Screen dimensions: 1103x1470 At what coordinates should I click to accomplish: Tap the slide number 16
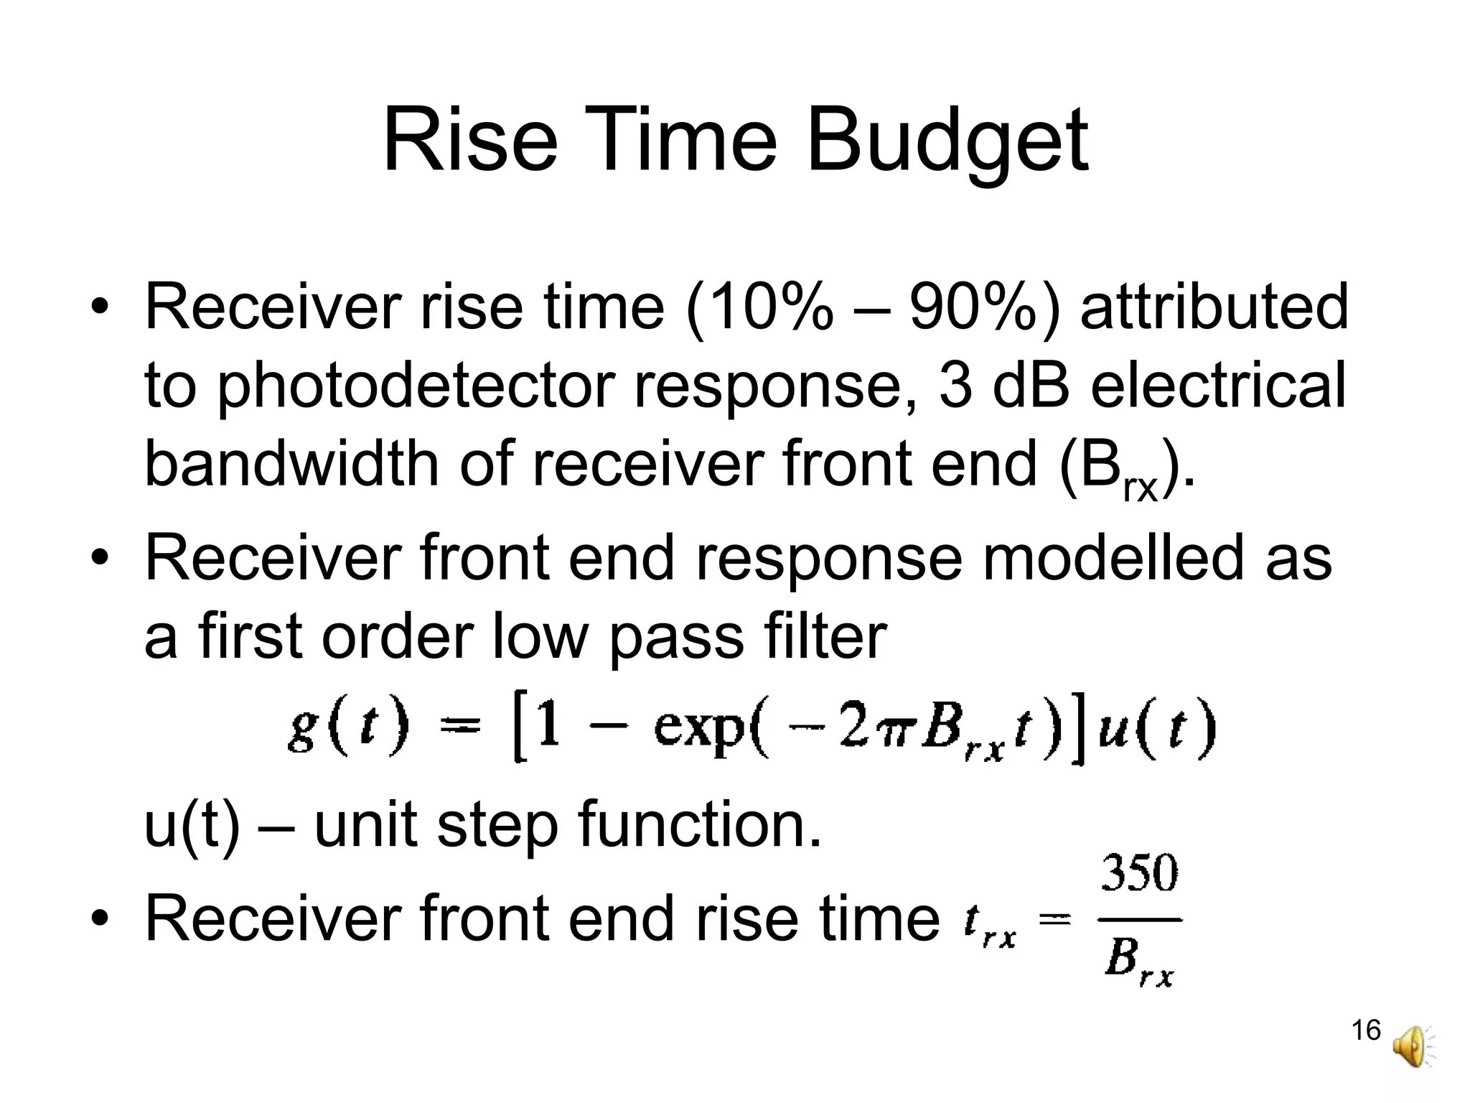(x=1365, y=1030)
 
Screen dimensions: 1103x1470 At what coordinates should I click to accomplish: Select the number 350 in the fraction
(x=1140, y=874)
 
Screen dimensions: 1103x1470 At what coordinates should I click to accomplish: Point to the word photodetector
(x=415, y=386)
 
